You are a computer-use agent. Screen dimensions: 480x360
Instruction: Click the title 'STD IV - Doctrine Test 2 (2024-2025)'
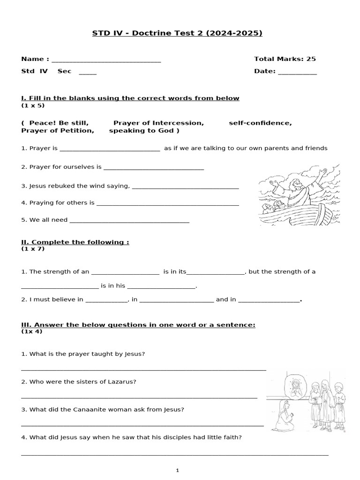click(180, 33)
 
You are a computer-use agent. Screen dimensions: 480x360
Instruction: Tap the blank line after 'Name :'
click(106, 61)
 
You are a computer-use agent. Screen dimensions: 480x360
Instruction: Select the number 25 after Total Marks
click(311, 59)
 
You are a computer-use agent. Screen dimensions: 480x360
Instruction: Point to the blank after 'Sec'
click(88, 74)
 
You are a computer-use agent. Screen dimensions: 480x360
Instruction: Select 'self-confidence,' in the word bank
click(260, 123)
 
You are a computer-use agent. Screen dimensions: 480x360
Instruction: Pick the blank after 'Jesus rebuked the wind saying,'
click(186, 187)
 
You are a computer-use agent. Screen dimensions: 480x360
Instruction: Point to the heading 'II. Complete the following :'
click(75, 242)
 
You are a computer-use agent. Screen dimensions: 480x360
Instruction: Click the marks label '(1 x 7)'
click(33, 249)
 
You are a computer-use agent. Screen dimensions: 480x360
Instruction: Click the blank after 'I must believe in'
click(106, 301)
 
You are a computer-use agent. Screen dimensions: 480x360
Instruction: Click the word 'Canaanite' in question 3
click(88, 409)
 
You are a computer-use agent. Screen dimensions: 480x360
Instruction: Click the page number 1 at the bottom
click(178, 471)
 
